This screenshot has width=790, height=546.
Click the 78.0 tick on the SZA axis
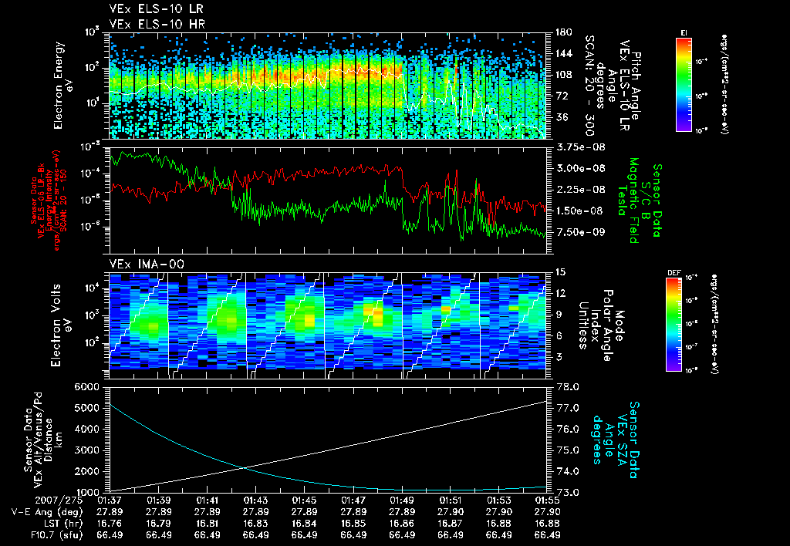pos(569,386)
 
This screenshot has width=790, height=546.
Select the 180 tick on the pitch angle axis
pos(562,32)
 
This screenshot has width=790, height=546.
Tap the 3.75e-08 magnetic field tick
pos(576,147)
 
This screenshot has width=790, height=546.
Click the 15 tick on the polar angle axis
pos(559,272)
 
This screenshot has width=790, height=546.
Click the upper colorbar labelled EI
pos(683,85)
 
